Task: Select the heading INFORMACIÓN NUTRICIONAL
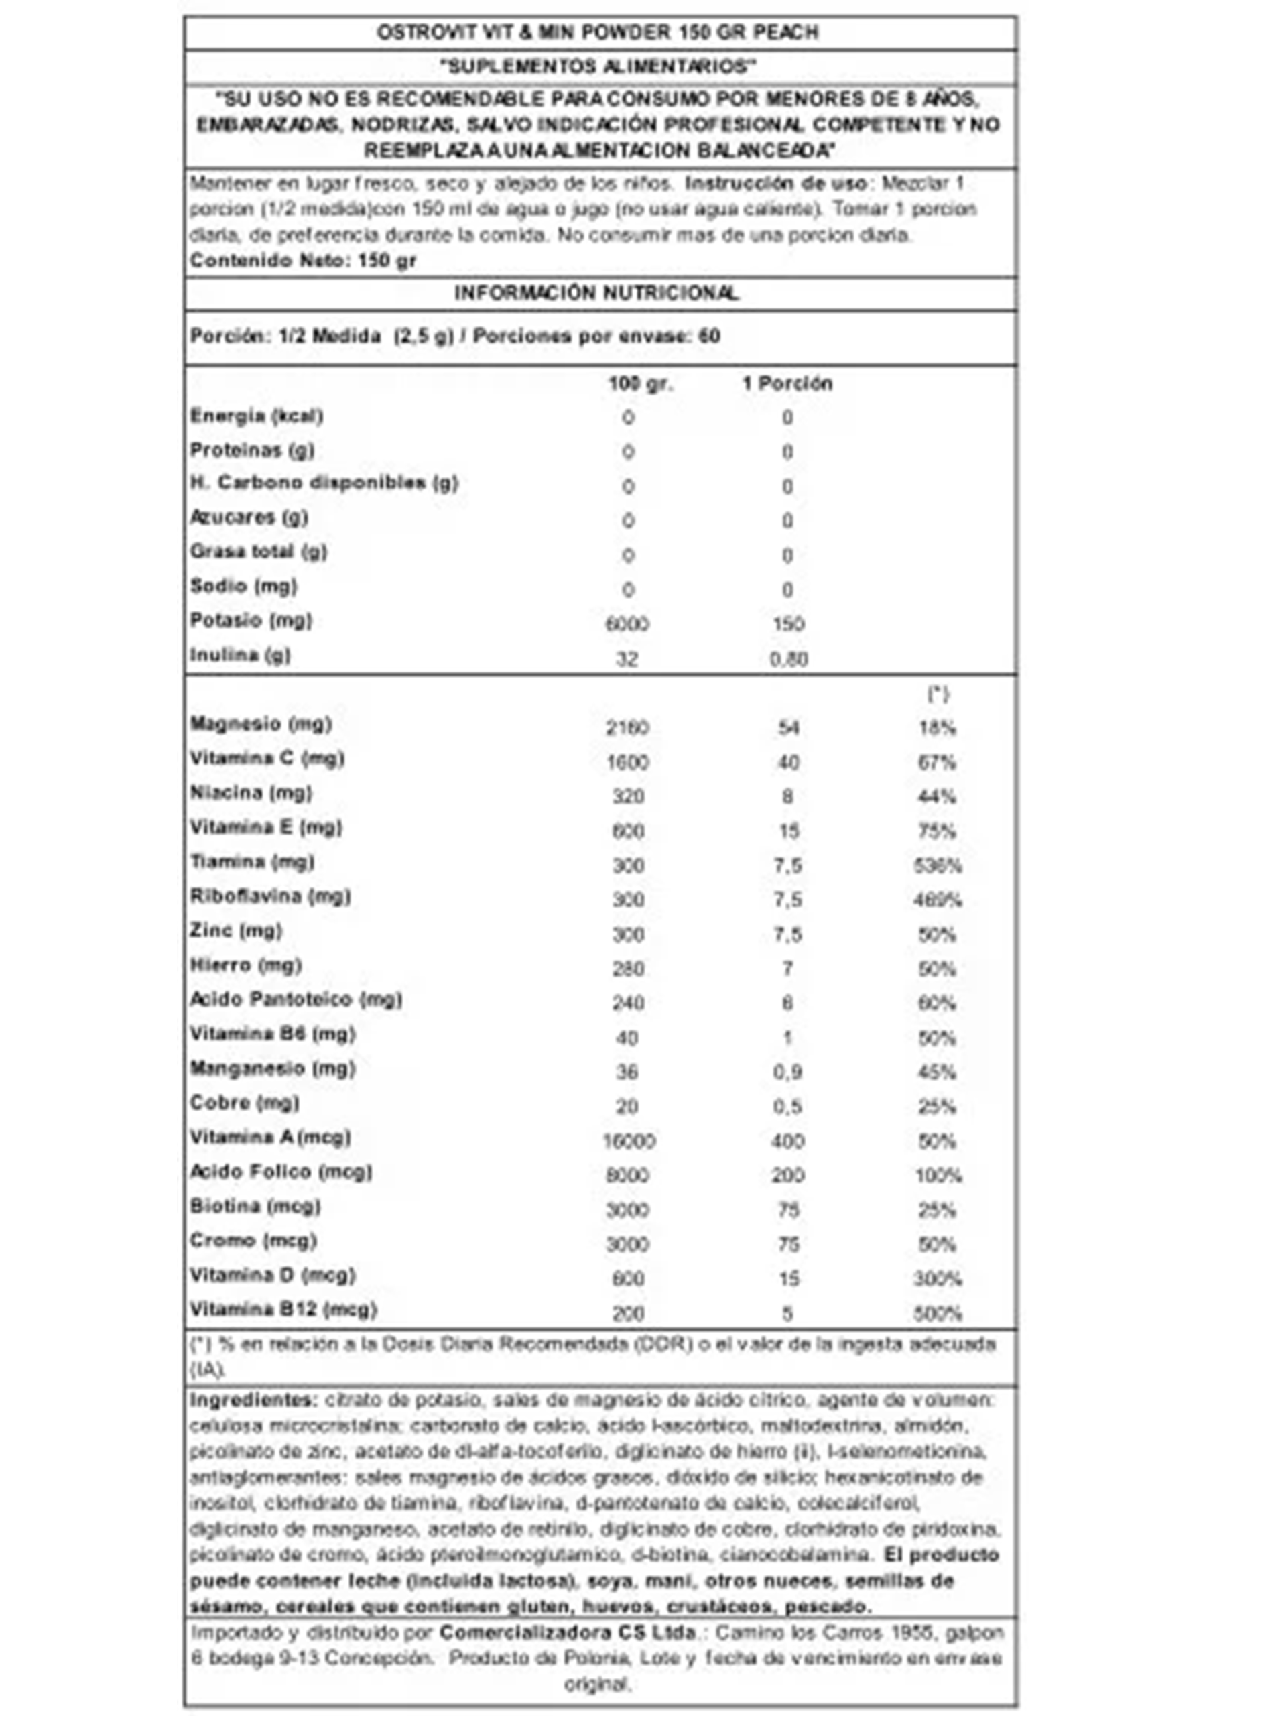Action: tap(596, 293)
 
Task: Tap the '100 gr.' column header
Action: tap(640, 383)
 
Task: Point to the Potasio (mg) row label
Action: tap(251, 621)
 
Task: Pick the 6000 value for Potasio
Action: tap(627, 624)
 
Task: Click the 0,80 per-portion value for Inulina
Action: tap(788, 659)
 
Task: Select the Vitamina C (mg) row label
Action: tap(267, 759)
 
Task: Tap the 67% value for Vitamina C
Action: tap(936, 763)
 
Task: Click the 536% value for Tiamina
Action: tap(937, 866)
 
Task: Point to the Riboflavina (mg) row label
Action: tap(270, 896)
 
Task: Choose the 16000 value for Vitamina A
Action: tap(629, 1142)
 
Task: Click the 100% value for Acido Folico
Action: tap(938, 1176)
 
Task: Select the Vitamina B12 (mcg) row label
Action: tap(283, 1310)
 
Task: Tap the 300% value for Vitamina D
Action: tap(937, 1280)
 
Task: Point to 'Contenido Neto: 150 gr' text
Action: tap(303, 261)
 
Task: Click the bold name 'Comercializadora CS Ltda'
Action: tap(568, 1633)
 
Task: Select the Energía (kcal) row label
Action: tap(256, 416)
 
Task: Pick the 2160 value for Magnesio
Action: tap(627, 728)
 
